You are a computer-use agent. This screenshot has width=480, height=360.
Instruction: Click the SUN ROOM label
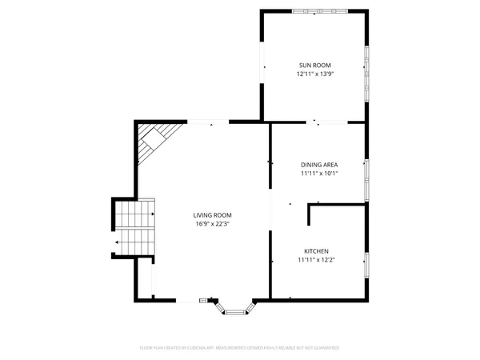click(314, 65)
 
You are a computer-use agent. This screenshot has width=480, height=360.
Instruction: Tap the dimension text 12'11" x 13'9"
click(314, 74)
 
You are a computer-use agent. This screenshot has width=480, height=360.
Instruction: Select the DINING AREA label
click(319, 164)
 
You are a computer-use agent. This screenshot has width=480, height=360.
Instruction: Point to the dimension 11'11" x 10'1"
click(319, 173)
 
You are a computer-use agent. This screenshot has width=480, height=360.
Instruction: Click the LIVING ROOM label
click(212, 214)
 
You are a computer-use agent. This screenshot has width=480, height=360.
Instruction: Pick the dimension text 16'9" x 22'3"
click(212, 224)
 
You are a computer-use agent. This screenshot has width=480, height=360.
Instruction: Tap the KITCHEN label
click(315, 250)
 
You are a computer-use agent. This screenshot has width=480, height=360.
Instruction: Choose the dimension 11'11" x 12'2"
click(315, 259)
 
